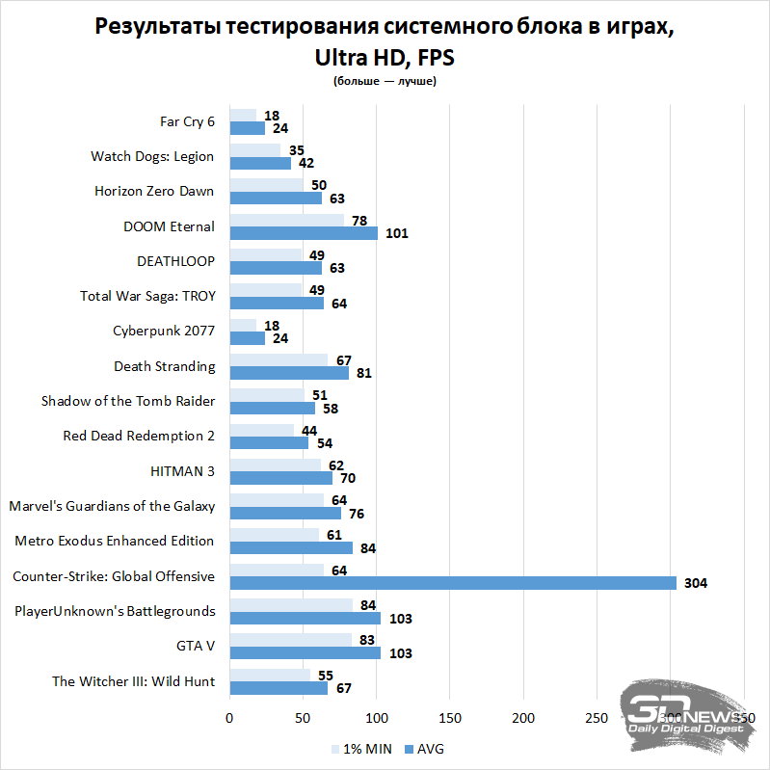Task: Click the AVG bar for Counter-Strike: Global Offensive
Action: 453,583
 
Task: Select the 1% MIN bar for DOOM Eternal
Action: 286,221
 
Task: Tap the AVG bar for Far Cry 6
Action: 247,128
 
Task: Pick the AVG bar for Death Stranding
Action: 288,373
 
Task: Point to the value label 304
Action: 696,583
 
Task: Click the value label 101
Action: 397,233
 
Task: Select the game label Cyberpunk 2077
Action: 164,332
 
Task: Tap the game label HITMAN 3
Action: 182,470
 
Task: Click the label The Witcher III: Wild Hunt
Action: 133,681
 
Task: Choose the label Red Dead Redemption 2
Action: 139,436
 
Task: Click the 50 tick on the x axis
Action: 303,719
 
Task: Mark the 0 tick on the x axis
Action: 229,719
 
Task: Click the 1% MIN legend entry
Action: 362,748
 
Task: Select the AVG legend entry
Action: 423,748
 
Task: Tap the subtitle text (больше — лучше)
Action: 385,82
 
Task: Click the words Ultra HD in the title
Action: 358,57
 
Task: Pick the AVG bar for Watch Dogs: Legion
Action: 260,163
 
